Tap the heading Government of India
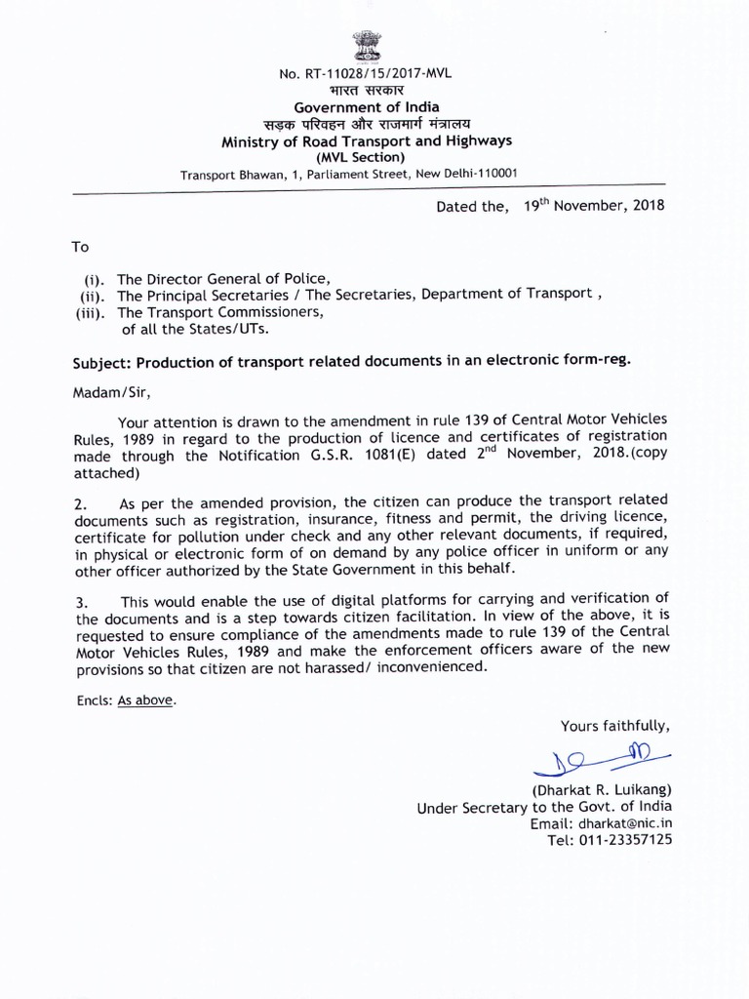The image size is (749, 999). [x=366, y=106]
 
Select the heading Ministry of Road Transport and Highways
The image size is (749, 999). [x=367, y=140]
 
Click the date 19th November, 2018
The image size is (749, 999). [x=594, y=207]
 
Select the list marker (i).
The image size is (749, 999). [x=95, y=278]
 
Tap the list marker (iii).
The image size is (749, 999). [x=92, y=313]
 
